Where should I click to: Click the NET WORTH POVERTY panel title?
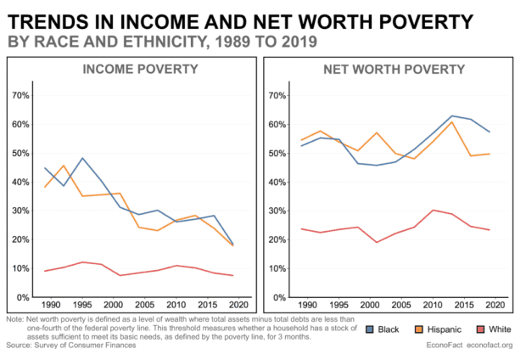point(387,69)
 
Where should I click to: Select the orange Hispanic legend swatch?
point(420,329)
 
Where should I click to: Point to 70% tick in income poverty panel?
point(20,95)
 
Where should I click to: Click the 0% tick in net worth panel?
point(279,298)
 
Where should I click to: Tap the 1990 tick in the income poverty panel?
point(51,304)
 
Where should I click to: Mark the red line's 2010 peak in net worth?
point(433,210)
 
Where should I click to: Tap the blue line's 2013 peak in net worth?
point(451,115)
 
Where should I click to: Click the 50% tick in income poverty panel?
point(20,154)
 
